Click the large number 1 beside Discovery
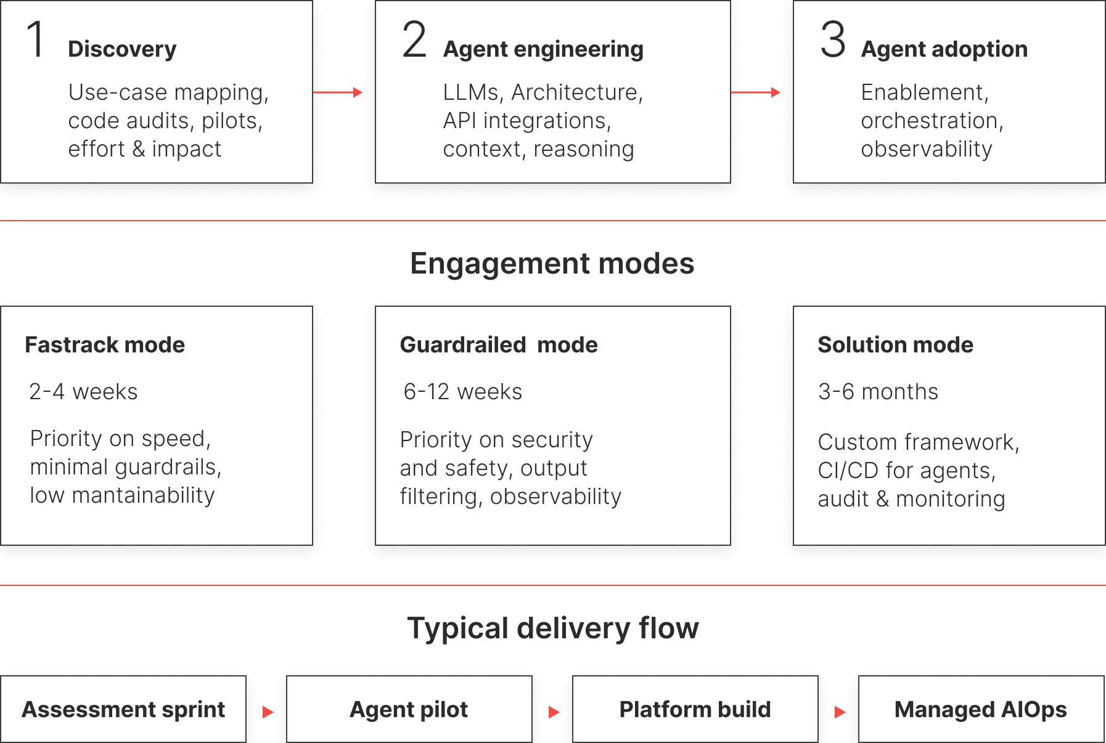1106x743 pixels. point(36,41)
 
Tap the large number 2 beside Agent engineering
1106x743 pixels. point(414,41)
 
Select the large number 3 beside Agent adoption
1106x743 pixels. point(832,41)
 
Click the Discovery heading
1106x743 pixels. point(122,49)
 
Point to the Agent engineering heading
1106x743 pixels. point(543,49)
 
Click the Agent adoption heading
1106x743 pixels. point(944,49)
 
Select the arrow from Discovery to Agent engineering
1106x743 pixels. point(338,92)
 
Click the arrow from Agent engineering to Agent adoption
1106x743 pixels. point(756,92)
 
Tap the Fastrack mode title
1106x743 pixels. point(105,345)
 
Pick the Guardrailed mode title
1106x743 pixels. point(499,345)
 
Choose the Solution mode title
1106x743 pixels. point(895,345)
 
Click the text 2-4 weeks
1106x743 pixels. point(83,392)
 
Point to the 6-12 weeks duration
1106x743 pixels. point(462,392)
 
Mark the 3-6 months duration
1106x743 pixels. point(878,392)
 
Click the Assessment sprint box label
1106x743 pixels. point(123,710)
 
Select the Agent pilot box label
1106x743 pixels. point(409,710)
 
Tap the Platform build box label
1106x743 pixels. point(695,710)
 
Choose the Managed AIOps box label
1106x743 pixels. point(980,710)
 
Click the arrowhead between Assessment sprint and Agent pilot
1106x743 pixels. point(268,712)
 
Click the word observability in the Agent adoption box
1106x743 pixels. point(927,149)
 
